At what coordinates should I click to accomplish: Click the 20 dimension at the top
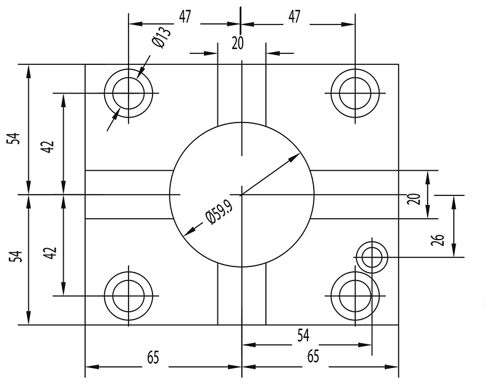tap(237, 42)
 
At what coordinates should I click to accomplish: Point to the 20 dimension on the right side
tap(413, 198)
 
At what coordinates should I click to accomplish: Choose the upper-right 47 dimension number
tap(295, 17)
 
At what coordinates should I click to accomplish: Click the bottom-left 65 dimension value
tap(154, 357)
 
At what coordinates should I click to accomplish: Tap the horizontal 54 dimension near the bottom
tap(303, 335)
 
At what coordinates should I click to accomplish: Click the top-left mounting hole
tap(129, 94)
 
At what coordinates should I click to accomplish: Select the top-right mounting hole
tap(355, 94)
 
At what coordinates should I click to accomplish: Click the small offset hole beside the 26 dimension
tap(372, 257)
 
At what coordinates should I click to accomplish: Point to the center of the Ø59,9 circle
tap(242, 195)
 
